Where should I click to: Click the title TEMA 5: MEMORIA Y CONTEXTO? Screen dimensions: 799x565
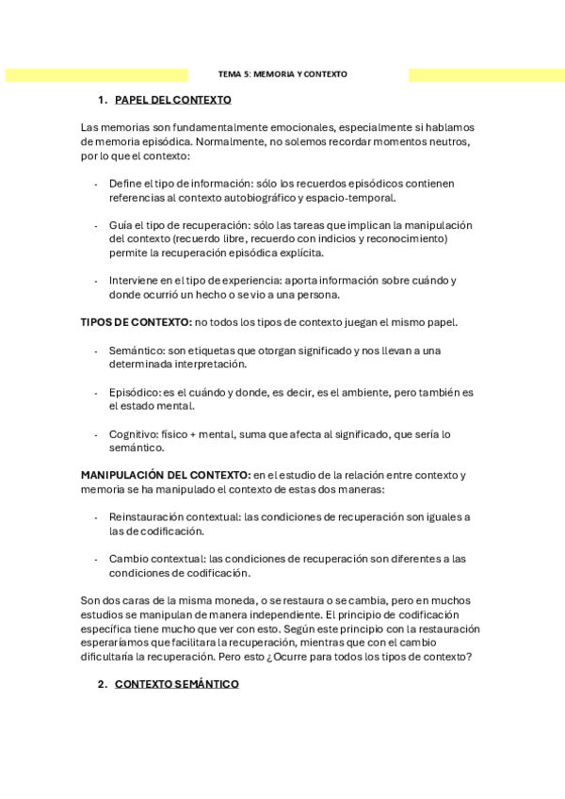pos(282,73)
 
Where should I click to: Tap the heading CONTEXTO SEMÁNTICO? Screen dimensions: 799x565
pos(176,684)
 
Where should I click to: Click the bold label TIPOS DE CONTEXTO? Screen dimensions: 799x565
pos(137,322)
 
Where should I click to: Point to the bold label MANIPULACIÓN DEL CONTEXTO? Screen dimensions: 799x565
pos(166,475)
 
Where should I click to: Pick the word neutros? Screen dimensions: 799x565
pos(444,142)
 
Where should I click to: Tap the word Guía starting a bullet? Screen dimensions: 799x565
pos(121,225)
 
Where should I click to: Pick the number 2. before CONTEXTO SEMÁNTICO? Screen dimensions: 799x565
pos(103,684)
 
